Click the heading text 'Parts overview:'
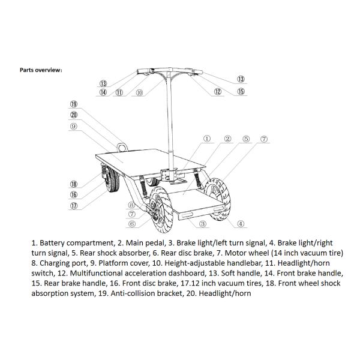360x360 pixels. coord(41,70)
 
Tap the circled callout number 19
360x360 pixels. coord(73,104)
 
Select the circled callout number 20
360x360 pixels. coord(73,115)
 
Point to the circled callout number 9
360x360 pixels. coord(73,126)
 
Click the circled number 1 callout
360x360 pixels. coord(207,139)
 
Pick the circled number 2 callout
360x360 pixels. coord(228,139)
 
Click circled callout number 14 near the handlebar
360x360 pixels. coord(103,92)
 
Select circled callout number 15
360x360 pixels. coord(241,92)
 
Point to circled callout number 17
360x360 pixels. coord(73,206)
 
